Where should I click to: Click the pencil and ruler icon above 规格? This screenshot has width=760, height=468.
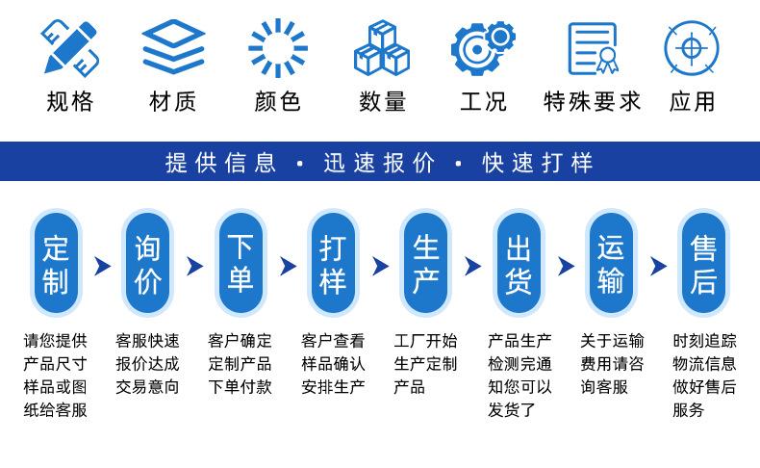point(70,47)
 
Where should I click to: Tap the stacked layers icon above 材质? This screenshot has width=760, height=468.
point(173,46)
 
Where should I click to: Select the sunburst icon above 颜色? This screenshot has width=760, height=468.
point(278,47)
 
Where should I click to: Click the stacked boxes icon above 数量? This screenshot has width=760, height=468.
point(382,47)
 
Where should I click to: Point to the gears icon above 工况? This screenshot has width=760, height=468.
point(483,47)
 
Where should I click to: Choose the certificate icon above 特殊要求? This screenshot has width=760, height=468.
point(594,48)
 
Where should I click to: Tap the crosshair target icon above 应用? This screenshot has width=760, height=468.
point(692,47)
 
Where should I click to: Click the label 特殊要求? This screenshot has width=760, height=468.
point(593,102)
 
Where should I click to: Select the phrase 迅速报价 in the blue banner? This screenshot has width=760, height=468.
point(379,163)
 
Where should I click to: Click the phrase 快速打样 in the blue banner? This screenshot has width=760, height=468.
point(538,163)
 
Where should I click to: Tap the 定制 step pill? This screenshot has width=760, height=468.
point(56,264)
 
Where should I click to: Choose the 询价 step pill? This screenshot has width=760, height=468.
point(147,264)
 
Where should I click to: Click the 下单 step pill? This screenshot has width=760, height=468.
point(241,264)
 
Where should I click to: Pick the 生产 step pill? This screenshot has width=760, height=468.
point(425,264)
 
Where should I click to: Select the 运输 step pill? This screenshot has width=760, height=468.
point(611,264)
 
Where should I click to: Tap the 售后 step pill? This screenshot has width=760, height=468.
point(703,264)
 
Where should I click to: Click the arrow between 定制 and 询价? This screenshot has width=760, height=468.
point(103,266)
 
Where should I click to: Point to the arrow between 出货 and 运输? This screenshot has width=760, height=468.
point(566,266)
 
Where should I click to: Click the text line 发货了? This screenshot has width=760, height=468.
point(512,410)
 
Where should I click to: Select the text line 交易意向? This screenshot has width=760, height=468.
point(147,387)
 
